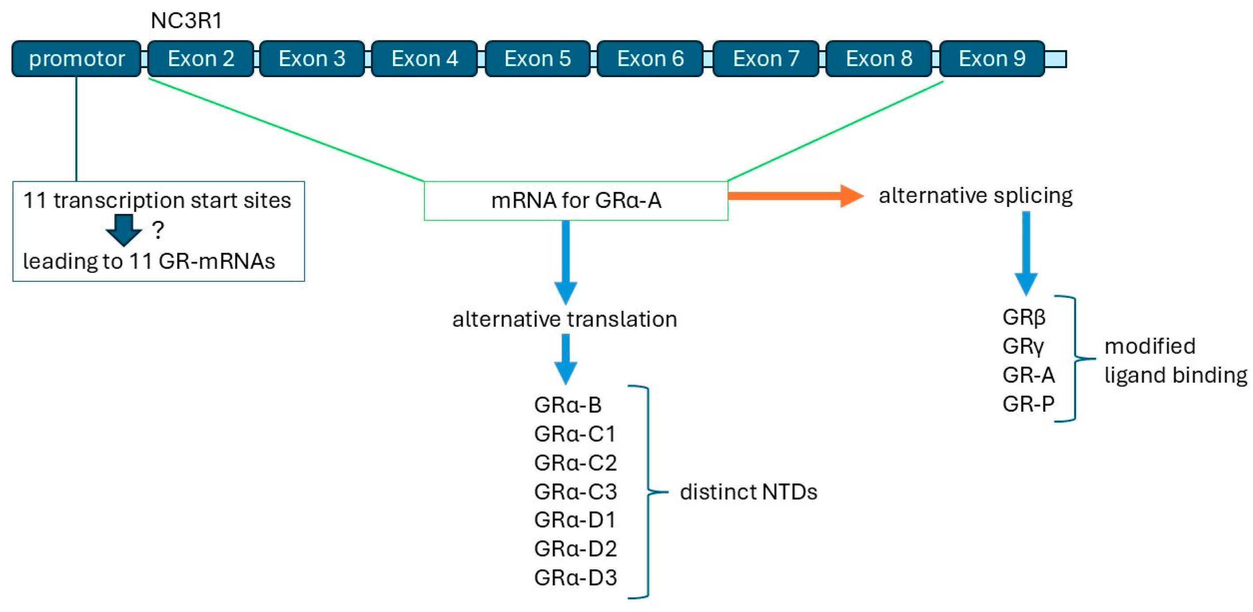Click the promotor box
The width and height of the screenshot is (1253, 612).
tap(76, 59)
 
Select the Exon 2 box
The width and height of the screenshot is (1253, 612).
tap(200, 59)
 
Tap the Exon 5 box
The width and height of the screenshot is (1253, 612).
tap(537, 59)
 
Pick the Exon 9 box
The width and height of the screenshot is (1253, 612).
tap(992, 59)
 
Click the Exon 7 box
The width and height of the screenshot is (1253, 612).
tap(766, 59)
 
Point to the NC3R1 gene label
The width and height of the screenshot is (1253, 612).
tap(186, 21)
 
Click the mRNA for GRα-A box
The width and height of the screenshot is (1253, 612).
tap(576, 200)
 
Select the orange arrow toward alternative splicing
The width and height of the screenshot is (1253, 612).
tap(795, 195)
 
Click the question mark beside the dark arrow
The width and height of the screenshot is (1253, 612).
tap(158, 230)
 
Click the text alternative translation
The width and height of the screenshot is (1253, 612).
tap(564, 320)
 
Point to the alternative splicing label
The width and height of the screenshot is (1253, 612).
tap(975, 195)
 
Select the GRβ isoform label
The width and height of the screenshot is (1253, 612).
tap(1023, 317)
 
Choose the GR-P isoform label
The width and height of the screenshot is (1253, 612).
tap(1028, 404)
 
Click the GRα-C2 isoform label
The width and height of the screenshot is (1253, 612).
tap(575, 463)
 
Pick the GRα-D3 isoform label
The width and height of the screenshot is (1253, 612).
tap(575, 577)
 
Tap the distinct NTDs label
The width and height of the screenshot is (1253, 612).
tap(748, 492)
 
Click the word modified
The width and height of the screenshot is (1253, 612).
tap(1149, 347)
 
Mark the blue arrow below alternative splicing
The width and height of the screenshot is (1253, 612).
tap(1026, 253)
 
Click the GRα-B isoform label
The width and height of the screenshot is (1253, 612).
tap(568, 405)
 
